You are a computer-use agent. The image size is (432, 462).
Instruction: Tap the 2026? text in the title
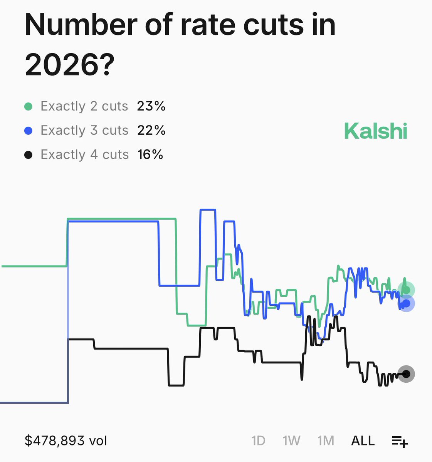[70, 65]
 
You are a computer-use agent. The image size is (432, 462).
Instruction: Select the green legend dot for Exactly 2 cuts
[28, 106]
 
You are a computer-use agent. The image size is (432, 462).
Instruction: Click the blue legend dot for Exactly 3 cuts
[28, 131]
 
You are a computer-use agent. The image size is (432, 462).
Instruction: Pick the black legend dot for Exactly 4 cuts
[28, 155]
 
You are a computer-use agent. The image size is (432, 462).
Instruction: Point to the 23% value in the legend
[151, 106]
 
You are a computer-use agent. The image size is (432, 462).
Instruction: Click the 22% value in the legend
[151, 131]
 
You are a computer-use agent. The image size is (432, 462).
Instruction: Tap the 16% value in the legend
[150, 155]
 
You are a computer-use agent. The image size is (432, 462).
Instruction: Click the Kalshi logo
[375, 131]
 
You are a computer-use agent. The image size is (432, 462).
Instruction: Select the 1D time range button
[258, 440]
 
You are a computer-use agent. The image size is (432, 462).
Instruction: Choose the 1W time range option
[291, 440]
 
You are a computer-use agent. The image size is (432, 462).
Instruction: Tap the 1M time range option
[326, 440]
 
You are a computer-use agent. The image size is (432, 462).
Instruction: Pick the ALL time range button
[363, 440]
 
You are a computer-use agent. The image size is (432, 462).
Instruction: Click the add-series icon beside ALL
[400, 441]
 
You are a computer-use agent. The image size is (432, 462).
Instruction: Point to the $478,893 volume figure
[66, 440]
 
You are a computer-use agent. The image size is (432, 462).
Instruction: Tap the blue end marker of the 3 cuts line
[406, 303]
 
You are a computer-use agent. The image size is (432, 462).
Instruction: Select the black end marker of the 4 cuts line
[406, 374]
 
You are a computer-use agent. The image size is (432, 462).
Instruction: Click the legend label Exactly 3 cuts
[84, 131]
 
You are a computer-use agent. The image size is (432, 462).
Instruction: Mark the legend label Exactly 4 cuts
[84, 155]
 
